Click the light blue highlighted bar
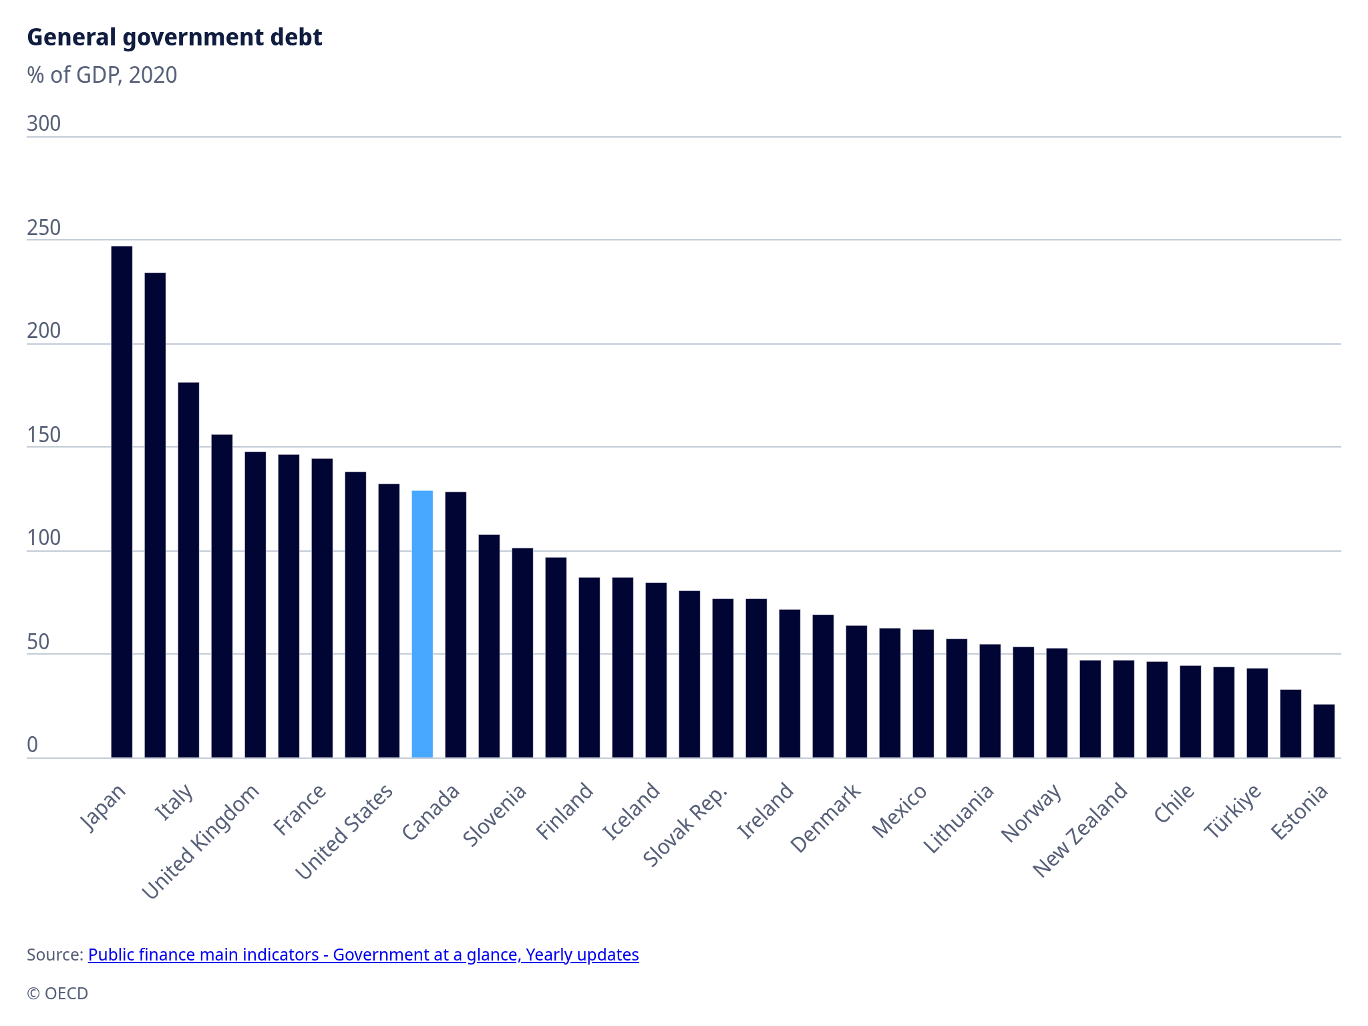(x=422, y=625)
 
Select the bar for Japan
(x=122, y=501)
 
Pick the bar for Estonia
(x=1324, y=731)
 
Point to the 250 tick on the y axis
(x=43, y=228)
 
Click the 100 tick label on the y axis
(x=43, y=538)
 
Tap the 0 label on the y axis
(x=33, y=745)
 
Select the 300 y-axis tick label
(x=43, y=124)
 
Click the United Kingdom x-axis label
(x=200, y=842)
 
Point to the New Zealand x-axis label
(x=1080, y=830)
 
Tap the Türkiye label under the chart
(x=1233, y=811)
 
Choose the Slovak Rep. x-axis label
(x=685, y=827)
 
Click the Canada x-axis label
(x=432, y=812)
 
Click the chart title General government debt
(x=174, y=37)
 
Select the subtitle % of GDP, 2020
(x=102, y=75)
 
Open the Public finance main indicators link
(x=363, y=955)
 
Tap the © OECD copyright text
(x=57, y=993)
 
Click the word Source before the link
(x=55, y=955)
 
